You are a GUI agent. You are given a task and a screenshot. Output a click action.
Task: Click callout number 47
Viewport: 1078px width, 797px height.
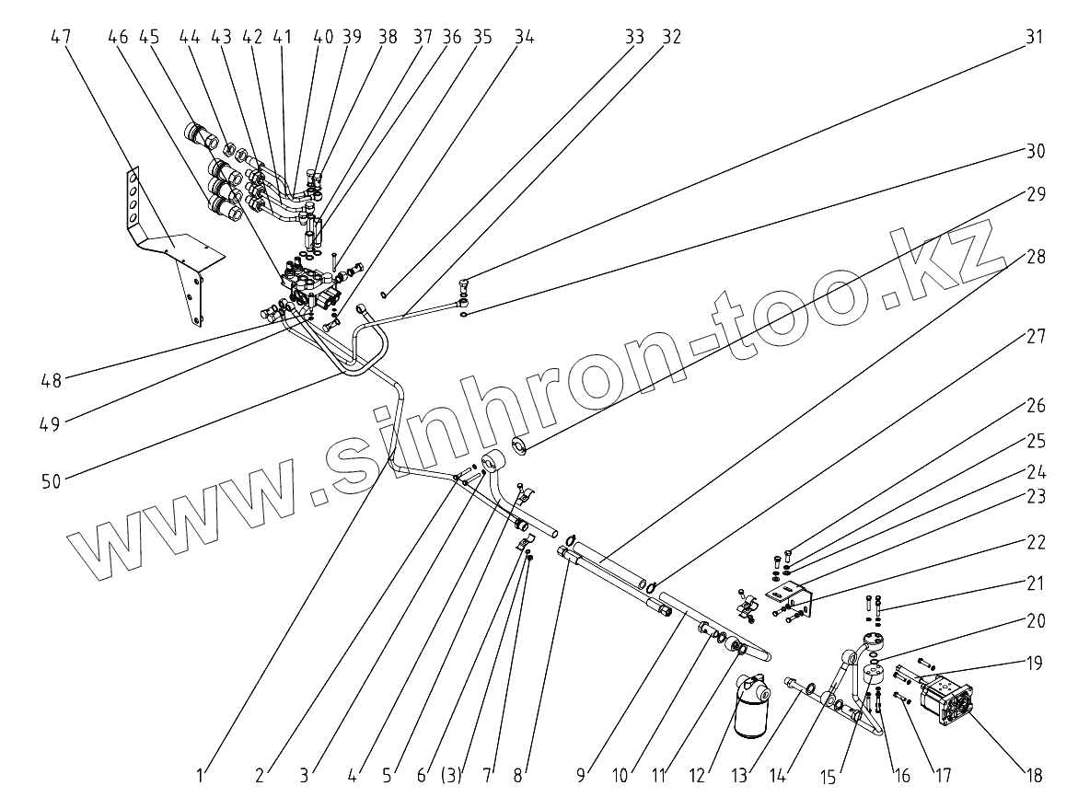61,37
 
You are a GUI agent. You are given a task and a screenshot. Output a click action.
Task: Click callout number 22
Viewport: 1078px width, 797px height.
1036,543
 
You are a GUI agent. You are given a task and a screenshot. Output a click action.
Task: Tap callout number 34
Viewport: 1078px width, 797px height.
524,37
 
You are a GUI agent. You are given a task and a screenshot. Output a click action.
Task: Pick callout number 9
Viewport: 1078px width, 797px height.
581,775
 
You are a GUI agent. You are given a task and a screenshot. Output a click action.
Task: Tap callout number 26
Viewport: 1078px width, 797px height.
1036,406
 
